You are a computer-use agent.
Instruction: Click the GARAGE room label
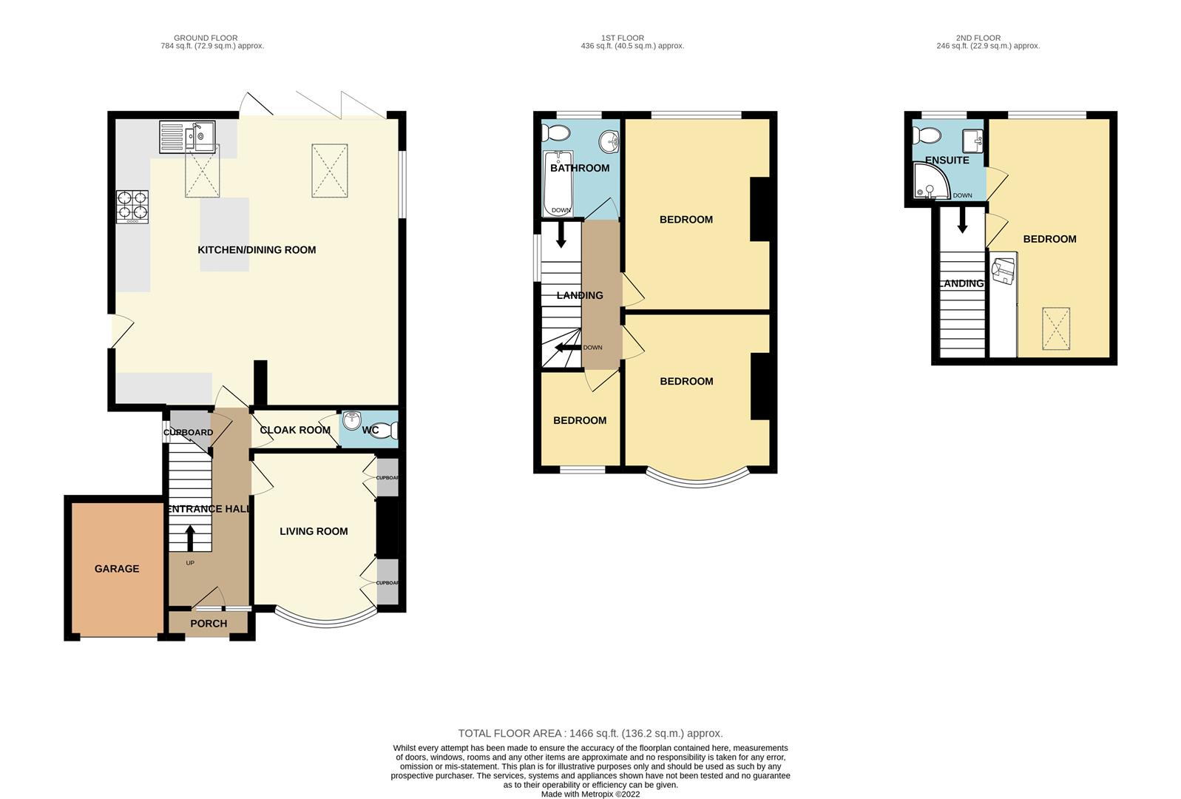[x=117, y=568]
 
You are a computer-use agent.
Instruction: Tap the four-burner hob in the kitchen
[x=132, y=206]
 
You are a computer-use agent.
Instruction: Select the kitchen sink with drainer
[x=187, y=137]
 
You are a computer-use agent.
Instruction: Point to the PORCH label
[x=209, y=624]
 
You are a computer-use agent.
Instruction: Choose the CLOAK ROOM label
[x=295, y=430]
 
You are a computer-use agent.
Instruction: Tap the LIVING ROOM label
[x=314, y=531]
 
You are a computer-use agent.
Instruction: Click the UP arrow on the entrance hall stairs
[x=190, y=538]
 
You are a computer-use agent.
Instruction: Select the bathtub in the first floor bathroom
[x=558, y=183]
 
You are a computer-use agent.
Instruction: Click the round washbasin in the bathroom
[x=609, y=141]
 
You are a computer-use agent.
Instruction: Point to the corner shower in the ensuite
[x=931, y=181]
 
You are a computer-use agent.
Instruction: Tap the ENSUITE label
[x=947, y=160]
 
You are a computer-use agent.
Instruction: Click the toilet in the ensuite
[x=927, y=135]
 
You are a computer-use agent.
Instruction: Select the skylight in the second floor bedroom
[x=1056, y=329]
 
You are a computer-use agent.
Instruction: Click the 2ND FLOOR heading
[x=978, y=38]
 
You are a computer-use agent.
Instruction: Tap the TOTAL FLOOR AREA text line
[x=590, y=733]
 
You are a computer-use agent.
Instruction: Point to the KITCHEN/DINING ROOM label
[x=257, y=249]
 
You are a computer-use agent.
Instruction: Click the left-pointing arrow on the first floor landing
[x=568, y=348]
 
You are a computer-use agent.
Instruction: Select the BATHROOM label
[x=580, y=168]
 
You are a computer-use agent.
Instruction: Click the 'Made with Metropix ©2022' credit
[x=590, y=795]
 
